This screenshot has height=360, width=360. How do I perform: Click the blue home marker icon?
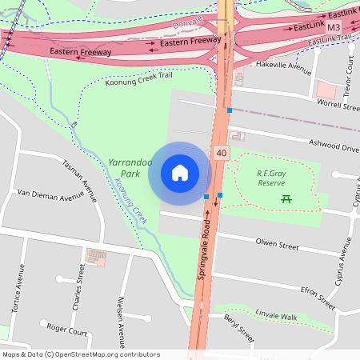click(x=180, y=172)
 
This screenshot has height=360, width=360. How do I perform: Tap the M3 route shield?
click(x=334, y=26)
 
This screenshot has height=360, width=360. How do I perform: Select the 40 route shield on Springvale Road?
click(x=221, y=151)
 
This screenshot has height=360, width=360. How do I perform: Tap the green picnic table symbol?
click(x=286, y=198)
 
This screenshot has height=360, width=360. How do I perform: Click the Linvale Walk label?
click(x=277, y=317)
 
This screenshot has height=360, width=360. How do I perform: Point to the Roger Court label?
click(x=67, y=328)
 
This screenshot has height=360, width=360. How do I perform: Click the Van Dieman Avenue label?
click(x=50, y=194)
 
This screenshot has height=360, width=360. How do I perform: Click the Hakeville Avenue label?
click(x=282, y=66)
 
